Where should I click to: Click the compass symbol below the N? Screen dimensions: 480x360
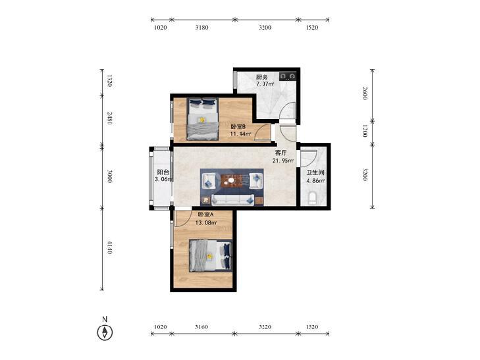(x=105, y=332)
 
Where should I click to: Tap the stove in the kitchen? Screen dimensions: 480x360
(x=288, y=76)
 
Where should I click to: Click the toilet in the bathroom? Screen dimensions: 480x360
(x=312, y=199)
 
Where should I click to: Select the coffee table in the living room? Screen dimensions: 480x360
(x=230, y=181)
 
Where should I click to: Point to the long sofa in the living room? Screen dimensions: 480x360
(x=232, y=199)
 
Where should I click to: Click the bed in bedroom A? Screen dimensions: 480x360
(x=210, y=256)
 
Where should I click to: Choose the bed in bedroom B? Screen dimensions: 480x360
(x=202, y=119)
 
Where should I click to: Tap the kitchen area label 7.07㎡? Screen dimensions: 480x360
(x=265, y=84)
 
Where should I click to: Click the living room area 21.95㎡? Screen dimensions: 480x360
(x=283, y=161)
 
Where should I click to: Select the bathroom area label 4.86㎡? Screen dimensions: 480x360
(x=315, y=181)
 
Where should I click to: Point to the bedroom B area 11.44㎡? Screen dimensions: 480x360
(x=240, y=134)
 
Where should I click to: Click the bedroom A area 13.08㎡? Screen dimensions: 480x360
(x=206, y=222)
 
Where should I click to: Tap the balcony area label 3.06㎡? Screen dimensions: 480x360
(x=164, y=179)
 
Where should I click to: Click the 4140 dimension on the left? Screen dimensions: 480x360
(x=109, y=247)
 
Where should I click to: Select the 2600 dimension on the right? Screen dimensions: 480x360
(x=365, y=93)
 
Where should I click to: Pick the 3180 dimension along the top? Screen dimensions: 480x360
(x=201, y=28)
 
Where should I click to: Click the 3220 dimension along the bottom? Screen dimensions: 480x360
(x=265, y=327)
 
